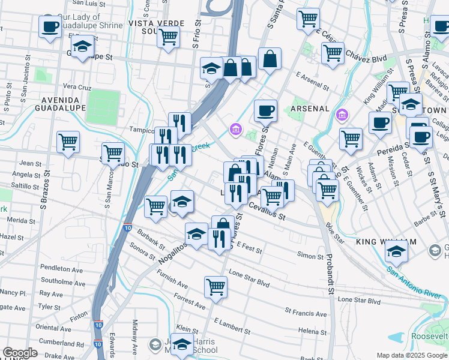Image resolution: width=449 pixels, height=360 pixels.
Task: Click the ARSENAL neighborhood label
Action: coord(310,109)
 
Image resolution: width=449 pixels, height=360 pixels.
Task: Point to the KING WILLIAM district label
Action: coord(385,242)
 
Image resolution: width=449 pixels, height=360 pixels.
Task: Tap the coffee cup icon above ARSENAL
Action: coord(265,110)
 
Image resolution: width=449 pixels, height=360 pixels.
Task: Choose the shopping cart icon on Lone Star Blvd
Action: coord(215,287)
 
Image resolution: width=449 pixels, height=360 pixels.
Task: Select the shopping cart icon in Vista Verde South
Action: coord(168,37)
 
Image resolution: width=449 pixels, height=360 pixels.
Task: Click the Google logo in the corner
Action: coord(20,353)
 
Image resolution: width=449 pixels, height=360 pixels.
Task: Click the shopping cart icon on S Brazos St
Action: coord(68,142)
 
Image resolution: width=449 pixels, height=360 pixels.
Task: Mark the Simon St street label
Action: coord(310,256)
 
